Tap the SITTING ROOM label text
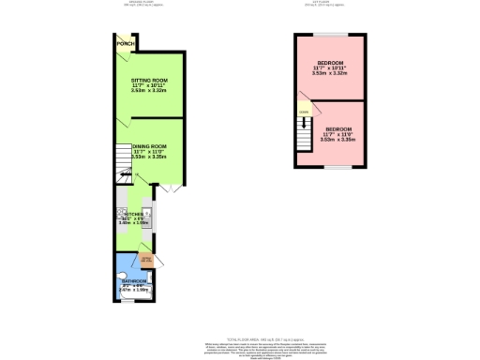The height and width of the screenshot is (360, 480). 148,82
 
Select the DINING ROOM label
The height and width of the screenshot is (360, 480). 149,147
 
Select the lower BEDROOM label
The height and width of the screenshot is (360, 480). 338,128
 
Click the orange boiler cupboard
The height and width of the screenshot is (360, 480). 146,259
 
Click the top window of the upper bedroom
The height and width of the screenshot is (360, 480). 329,35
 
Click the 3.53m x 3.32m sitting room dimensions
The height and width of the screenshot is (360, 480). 148,91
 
